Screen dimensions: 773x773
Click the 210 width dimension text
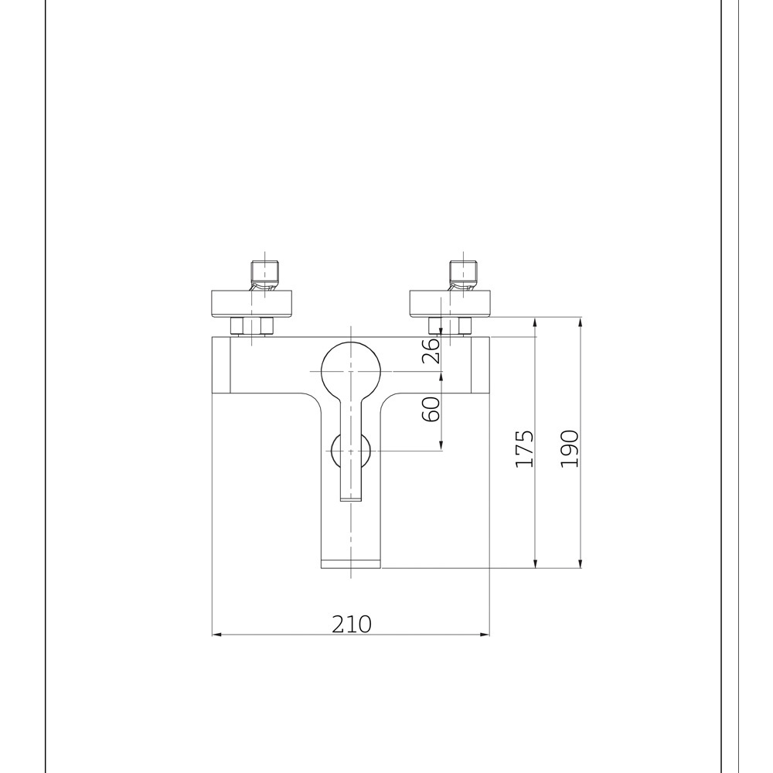(x=352, y=624)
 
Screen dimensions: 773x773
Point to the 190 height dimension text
(x=570, y=448)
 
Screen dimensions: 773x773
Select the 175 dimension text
(x=524, y=448)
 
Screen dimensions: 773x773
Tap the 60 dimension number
(x=431, y=409)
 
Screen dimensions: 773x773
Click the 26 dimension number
(x=431, y=350)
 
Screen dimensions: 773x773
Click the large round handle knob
(x=350, y=371)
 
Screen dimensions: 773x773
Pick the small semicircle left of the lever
(x=335, y=451)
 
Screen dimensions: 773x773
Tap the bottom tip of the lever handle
(x=350, y=501)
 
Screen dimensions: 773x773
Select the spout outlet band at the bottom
(x=350, y=564)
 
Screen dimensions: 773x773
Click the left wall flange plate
(x=251, y=304)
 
